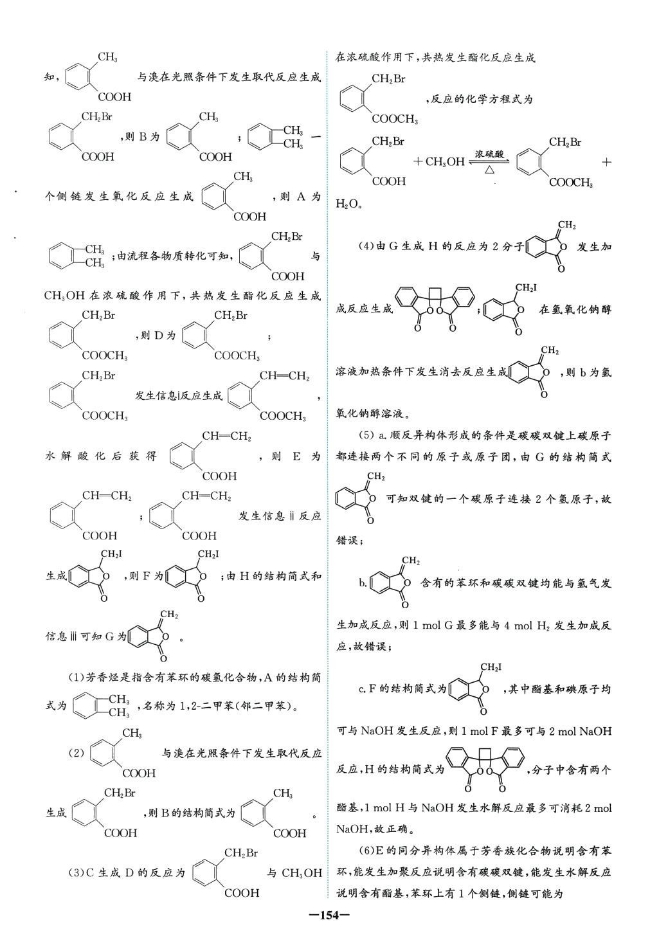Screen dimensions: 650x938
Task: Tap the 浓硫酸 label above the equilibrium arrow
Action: pos(489,154)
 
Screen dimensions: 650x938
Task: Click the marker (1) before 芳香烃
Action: pos(77,677)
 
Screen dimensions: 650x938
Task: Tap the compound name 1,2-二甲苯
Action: pos(194,707)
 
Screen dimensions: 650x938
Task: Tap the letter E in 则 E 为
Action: pos(297,456)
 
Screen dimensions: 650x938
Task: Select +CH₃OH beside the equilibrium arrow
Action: pos(439,162)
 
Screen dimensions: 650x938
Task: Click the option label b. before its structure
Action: pos(363,583)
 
